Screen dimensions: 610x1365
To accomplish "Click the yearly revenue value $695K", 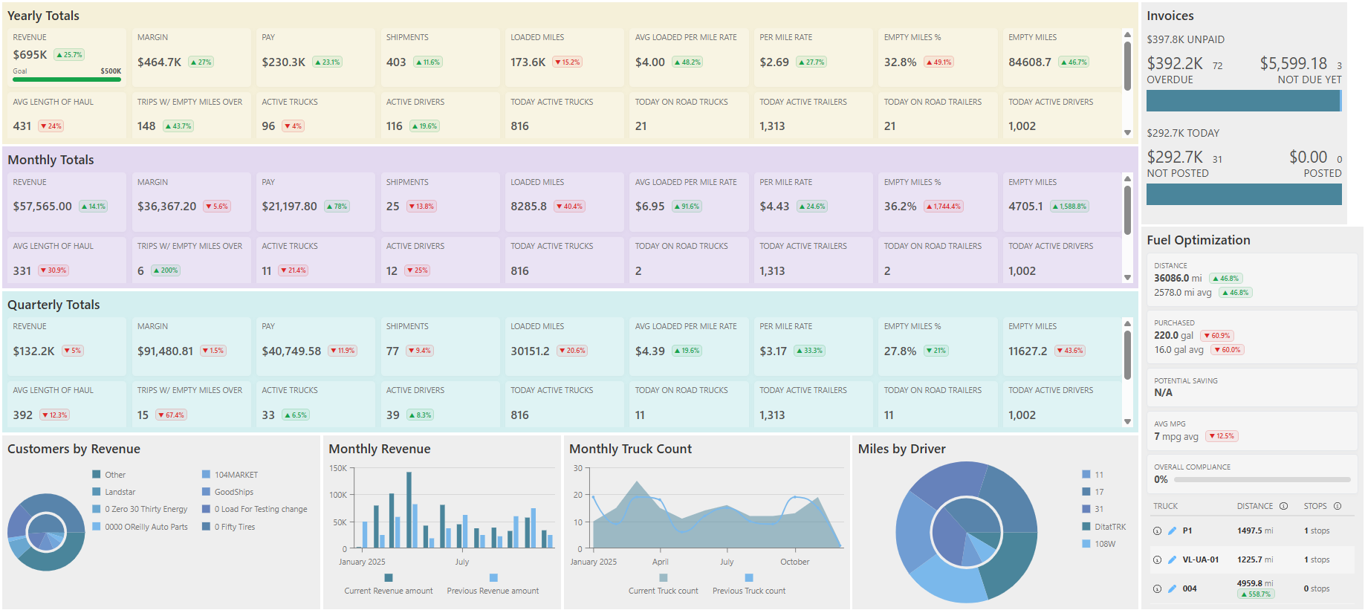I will click(x=30, y=55).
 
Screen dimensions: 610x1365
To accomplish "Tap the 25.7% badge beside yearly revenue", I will click(x=70, y=55).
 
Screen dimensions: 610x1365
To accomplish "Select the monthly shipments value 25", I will click(x=392, y=207).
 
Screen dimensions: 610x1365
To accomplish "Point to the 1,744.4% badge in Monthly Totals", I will click(x=944, y=207).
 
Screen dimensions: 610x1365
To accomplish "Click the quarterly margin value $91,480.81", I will click(x=165, y=351).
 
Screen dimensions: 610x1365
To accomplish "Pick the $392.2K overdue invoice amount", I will click(x=1174, y=64).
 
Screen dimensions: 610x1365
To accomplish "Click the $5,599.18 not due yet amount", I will click(x=1293, y=64).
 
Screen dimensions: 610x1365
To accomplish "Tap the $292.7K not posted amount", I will click(x=1174, y=158).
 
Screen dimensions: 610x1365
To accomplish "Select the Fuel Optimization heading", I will click(x=1198, y=240).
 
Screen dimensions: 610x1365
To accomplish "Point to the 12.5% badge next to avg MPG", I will click(x=1222, y=436).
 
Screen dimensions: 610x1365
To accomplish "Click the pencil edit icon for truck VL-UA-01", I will click(x=1172, y=559).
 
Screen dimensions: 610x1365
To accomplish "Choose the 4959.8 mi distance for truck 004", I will click(x=1254, y=583).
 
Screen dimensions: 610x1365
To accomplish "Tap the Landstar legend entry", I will click(x=120, y=492).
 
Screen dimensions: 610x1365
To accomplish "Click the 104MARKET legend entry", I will click(x=236, y=475).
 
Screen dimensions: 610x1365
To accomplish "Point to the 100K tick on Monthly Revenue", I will click(x=338, y=495).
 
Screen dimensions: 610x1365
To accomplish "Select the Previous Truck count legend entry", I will click(x=748, y=591).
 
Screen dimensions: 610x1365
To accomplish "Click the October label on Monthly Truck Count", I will click(x=794, y=562).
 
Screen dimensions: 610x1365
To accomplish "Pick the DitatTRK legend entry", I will click(x=1109, y=527).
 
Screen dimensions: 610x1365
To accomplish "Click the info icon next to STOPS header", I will click(x=1338, y=506).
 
